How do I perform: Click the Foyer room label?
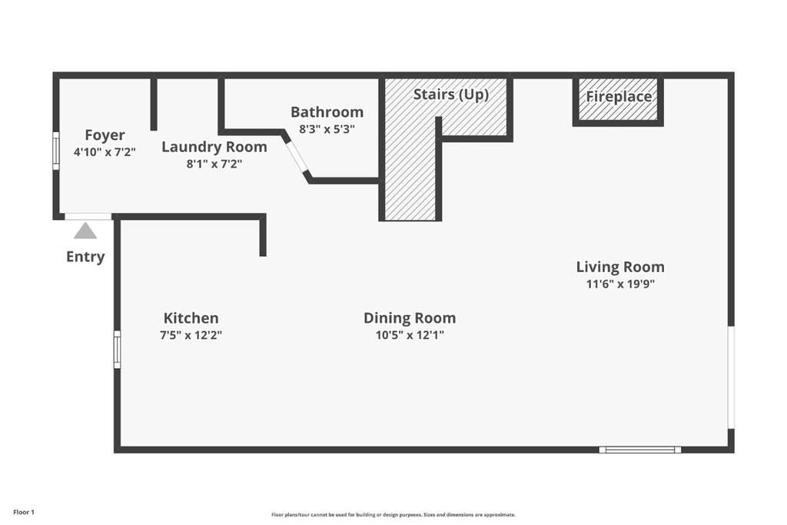click(105, 135)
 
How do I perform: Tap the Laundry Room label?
click(214, 147)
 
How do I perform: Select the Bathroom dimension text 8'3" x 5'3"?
click(327, 129)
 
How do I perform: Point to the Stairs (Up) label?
click(450, 95)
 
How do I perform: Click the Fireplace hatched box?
click(618, 99)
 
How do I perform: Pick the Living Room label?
click(620, 267)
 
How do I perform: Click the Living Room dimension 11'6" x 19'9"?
click(620, 284)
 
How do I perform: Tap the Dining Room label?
click(410, 318)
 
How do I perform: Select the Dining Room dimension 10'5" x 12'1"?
click(410, 335)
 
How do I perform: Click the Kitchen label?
click(191, 318)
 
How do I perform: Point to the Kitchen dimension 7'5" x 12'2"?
click(191, 335)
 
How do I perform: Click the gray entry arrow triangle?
click(85, 231)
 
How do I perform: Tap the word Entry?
click(85, 257)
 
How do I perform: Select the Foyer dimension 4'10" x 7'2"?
click(105, 151)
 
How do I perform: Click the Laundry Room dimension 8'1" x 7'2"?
click(214, 164)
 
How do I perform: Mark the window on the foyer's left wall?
click(56, 151)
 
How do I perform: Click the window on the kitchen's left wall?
click(117, 349)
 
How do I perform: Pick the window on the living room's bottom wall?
click(640, 450)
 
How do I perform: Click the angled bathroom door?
click(297, 155)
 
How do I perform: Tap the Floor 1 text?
click(24, 513)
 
